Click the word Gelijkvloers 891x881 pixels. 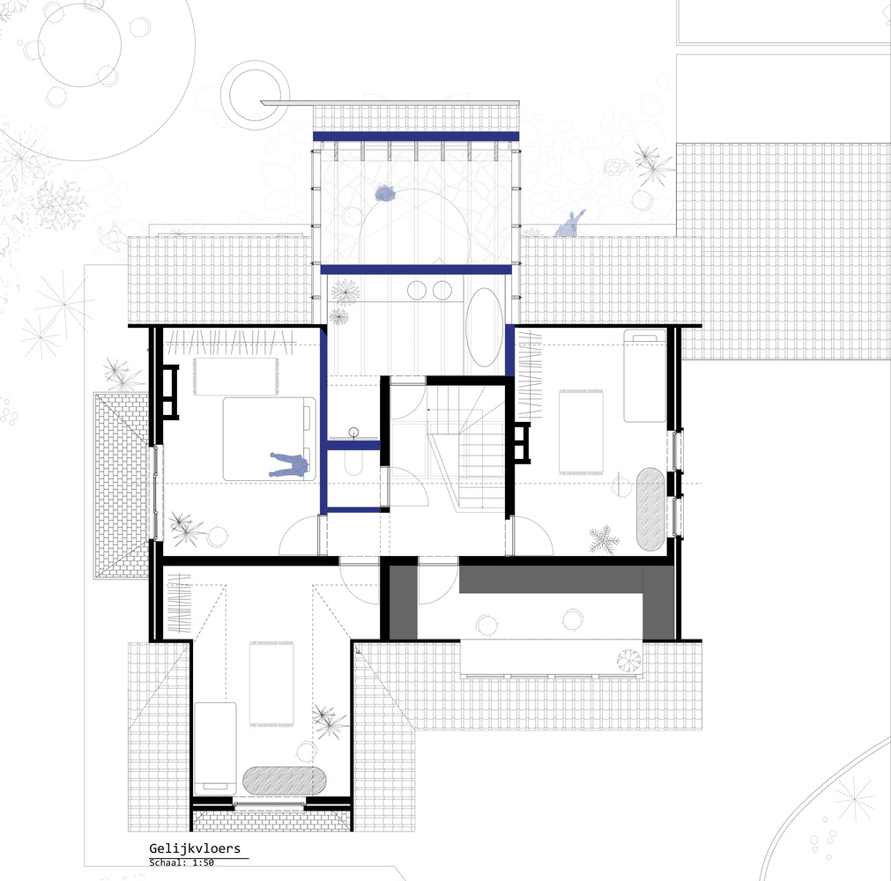click(195, 848)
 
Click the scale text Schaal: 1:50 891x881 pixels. click(182, 862)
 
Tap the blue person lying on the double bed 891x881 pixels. click(289, 464)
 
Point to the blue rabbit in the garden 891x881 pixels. click(569, 224)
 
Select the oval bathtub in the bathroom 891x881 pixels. click(484, 327)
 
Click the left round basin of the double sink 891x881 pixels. click(417, 290)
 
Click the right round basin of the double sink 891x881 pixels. click(442, 290)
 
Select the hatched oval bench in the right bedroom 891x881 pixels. click(650, 509)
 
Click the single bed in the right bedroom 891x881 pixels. click(645, 375)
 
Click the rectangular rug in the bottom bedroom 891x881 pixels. click(271, 684)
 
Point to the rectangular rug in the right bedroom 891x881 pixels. click(581, 431)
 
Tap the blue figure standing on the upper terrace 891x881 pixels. click(386, 195)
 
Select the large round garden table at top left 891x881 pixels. click(79, 45)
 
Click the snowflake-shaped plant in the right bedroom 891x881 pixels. click(604, 540)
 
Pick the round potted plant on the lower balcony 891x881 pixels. click(629, 660)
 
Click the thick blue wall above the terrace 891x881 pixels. click(416, 137)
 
